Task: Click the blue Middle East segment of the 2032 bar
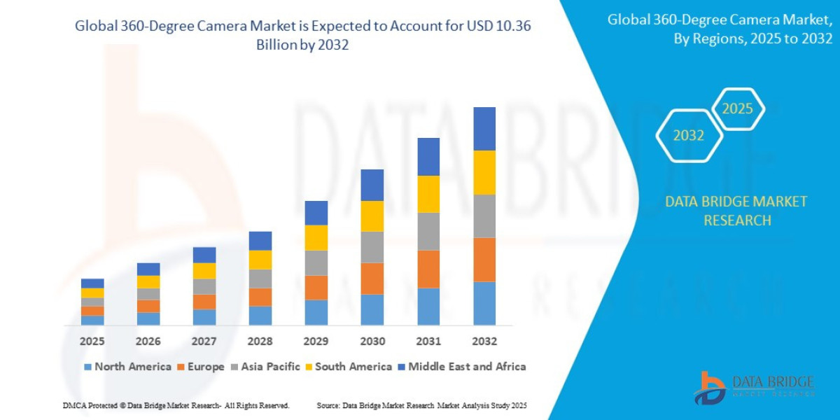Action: click(484, 129)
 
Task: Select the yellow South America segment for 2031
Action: click(428, 194)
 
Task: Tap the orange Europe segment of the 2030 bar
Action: click(372, 279)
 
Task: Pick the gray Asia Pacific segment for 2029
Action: click(316, 262)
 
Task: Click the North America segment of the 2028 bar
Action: click(260, 316)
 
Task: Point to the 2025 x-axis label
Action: click(92, 342)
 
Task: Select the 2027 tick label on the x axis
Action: click(204, 342)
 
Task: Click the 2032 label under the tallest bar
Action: click(484, 342)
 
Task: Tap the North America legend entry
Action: click(127, 367)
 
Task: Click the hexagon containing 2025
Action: click(738, 108)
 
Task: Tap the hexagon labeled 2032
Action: click(689, 136)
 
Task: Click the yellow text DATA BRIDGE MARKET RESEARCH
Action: click(736, 211)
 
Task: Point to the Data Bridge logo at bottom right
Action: click(755, 387)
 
